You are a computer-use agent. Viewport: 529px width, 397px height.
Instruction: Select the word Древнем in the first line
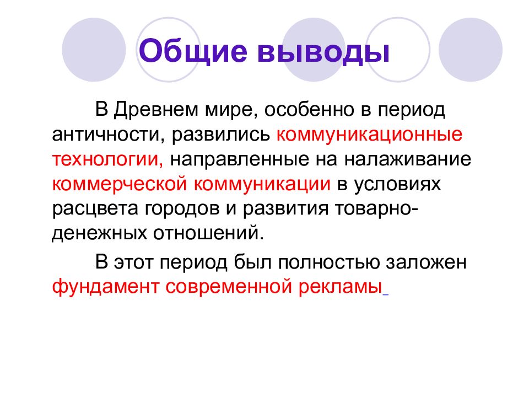[150, 110]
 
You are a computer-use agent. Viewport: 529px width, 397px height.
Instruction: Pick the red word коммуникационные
[369, 134]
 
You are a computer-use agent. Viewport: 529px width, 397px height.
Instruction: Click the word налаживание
[408, 159]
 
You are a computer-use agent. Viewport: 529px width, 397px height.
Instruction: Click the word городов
[184, 208]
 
